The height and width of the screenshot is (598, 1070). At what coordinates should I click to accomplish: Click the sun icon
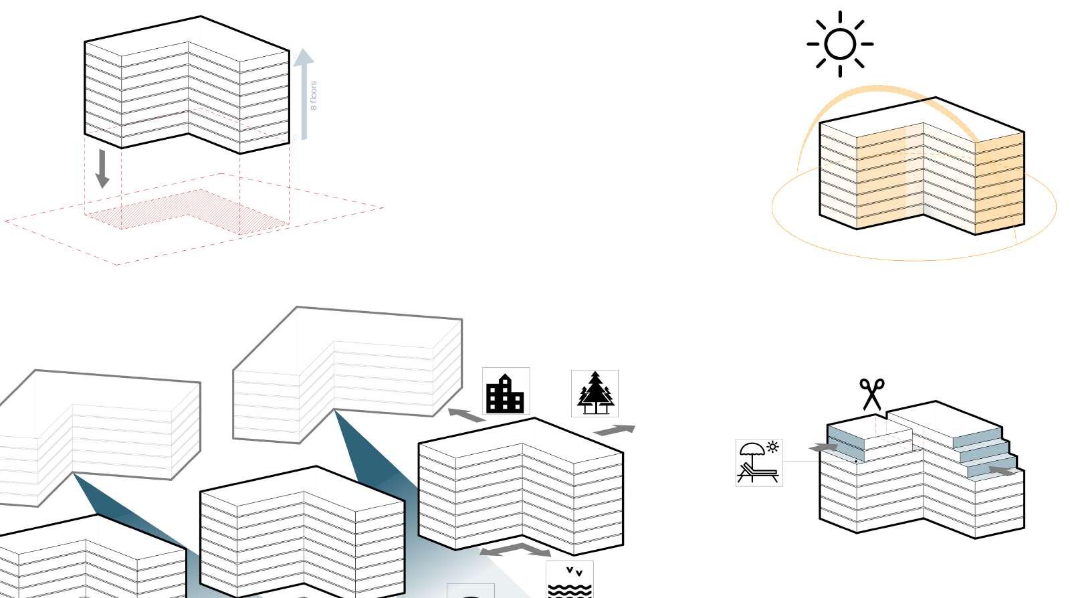(x=840, y=44)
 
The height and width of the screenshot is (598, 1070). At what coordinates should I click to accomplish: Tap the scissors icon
(x=871, y=394)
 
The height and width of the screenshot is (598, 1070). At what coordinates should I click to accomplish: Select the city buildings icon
(x=506, y=391)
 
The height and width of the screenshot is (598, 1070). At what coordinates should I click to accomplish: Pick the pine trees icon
(x=595, y=393)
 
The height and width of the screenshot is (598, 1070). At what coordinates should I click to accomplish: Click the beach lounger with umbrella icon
(x=759, y=462)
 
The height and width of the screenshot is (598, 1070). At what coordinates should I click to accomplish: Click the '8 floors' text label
(x=314, y=96)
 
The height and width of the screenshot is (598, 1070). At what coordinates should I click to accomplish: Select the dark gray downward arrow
(x=102, y=168)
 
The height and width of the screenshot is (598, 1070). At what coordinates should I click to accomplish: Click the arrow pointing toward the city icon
(x=465, y=415)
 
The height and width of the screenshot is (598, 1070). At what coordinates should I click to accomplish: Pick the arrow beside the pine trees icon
(x=615, y=430)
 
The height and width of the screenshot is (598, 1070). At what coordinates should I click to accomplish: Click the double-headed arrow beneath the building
(x=516, y=550)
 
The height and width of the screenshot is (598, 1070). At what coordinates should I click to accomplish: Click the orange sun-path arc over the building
(x=876, y=89)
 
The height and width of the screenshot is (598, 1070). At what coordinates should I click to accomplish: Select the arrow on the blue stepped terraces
(x=1002, y=471)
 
